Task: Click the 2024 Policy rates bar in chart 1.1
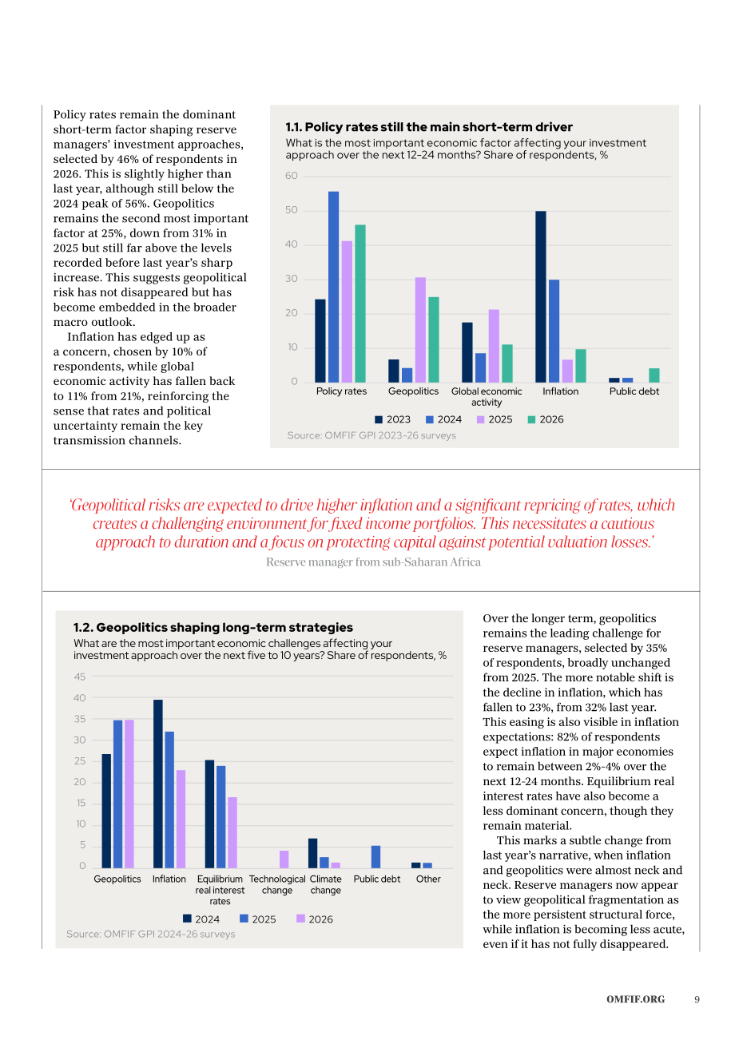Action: point(333,287)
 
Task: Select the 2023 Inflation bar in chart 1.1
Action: point(540,296)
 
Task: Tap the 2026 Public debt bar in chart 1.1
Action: point(654,375)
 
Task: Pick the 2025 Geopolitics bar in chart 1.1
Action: point(420,330)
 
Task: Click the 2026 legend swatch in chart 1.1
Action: point(531,419)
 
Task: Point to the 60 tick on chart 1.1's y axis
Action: point(291,176)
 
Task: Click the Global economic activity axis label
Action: point(486,396)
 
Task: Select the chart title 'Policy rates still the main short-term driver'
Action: point(428,127)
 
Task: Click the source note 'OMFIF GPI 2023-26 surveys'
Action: point(371,435)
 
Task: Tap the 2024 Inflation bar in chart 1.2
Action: point(158,784)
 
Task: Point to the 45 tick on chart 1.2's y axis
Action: point(80,677)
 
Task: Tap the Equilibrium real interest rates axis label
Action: point(220,890)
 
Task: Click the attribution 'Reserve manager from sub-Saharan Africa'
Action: point(373,562)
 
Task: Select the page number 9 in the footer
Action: point(697,999)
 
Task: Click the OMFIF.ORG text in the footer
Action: point(635,999)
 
